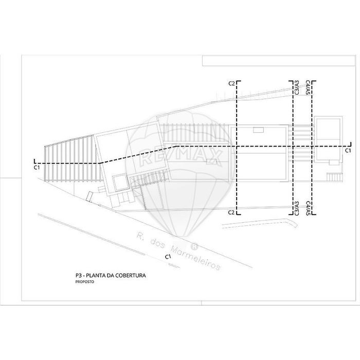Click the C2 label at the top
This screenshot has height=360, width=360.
(231, 83)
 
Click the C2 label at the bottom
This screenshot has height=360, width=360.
(231, 212)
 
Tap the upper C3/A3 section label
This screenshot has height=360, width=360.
(297, 87)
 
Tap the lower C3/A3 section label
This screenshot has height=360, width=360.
(297, 208)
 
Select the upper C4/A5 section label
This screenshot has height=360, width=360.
(308, 87)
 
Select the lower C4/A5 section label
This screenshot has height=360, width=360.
(308, 208)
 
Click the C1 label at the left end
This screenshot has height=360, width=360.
(37, 168)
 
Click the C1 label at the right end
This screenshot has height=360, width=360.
(348, 150)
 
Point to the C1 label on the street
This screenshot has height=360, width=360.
(168, 257)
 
